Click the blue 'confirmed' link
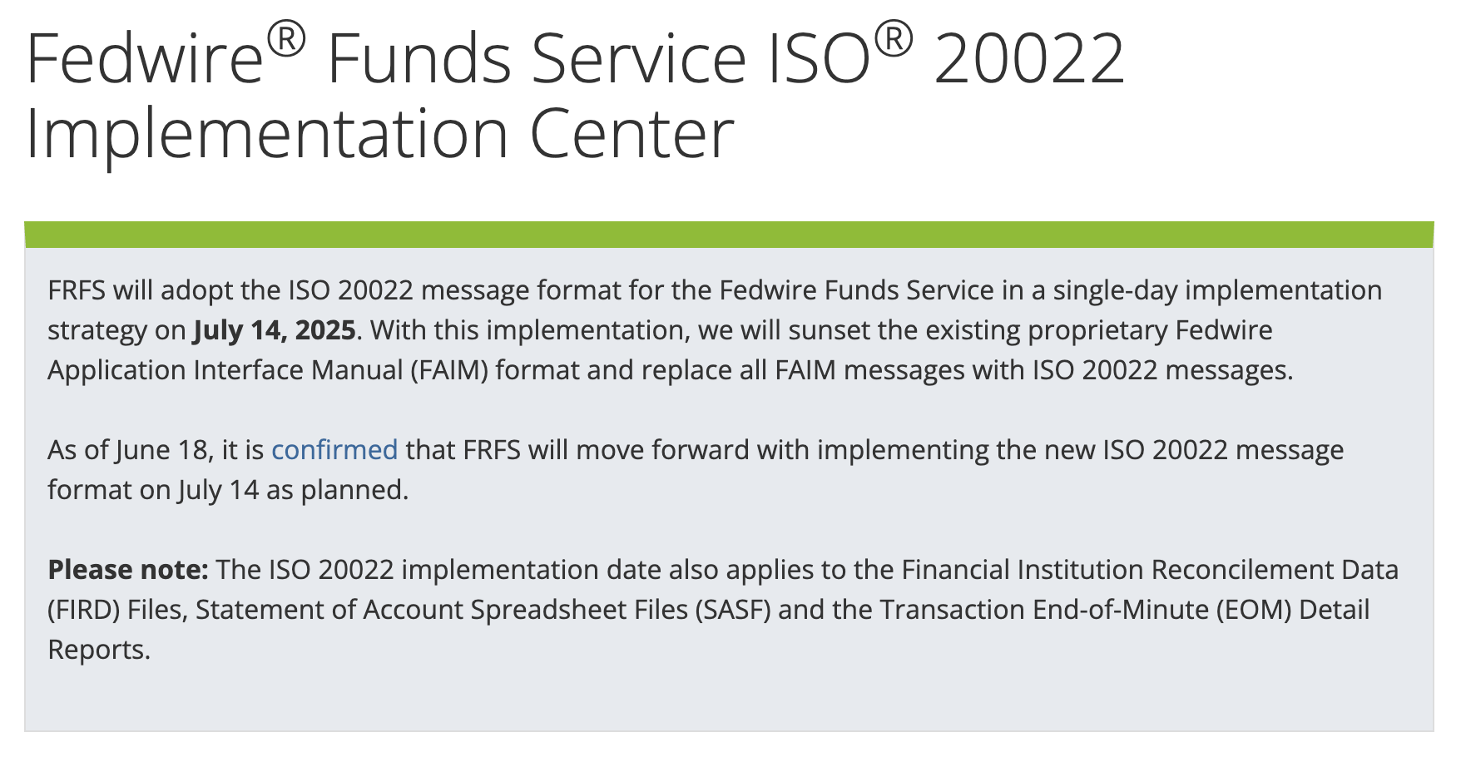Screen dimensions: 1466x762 tap(334, 450)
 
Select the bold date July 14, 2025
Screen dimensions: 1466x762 tap(275, 330)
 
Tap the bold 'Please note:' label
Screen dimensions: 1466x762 tap(128, 570)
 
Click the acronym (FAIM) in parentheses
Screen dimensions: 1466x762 tap(448, 370)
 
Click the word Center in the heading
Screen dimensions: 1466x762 tap(632, 134)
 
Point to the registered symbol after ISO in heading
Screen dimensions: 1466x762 tap(894, 39)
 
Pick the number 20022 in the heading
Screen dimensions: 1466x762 tap(1029, 59)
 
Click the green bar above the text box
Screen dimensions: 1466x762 tap(729, 235)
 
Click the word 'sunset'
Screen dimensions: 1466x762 tap(829, 330)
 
